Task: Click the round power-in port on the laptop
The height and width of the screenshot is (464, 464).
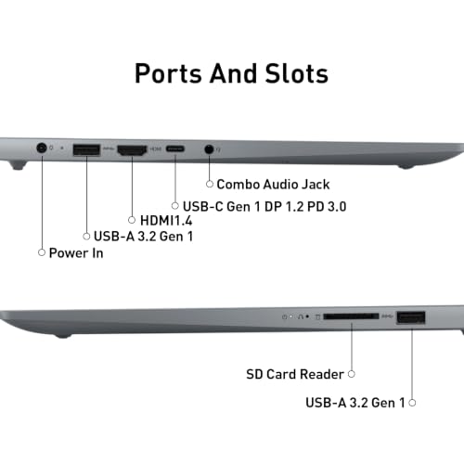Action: (x=42, y=148)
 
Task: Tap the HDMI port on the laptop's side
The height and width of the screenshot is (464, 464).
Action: (x=132, y=150)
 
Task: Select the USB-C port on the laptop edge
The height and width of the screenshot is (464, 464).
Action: (x=175, y=148)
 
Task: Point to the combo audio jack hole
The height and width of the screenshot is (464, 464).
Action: (x=210, y=149)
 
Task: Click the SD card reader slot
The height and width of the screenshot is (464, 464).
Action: (x=351, y=316)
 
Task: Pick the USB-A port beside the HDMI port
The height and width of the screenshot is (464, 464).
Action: (x=86, y=149)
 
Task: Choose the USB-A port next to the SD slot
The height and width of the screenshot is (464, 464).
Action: (x=411, y=317)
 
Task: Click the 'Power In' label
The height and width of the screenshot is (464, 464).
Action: (x=76, y=253)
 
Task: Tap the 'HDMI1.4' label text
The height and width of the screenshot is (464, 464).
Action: (x=166, y=221)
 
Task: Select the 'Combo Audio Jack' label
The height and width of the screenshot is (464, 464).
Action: (x=273, y=185)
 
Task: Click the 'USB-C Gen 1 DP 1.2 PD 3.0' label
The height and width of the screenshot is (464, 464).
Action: (x=264, y=207)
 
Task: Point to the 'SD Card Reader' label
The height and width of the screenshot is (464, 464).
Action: (x=295, y=374)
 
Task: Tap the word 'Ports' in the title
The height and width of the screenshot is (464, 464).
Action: (x=168, y=73)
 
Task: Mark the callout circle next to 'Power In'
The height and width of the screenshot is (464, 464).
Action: (x=42, y=252)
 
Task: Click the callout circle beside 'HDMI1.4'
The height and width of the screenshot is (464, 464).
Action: (x=132, y=220)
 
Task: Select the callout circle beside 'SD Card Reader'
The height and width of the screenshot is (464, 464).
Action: (x=352, y=374)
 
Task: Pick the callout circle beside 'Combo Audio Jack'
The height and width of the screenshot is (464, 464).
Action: (x=210, y=184)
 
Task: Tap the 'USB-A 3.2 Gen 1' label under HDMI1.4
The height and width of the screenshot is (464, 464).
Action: (x=143, y=237)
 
